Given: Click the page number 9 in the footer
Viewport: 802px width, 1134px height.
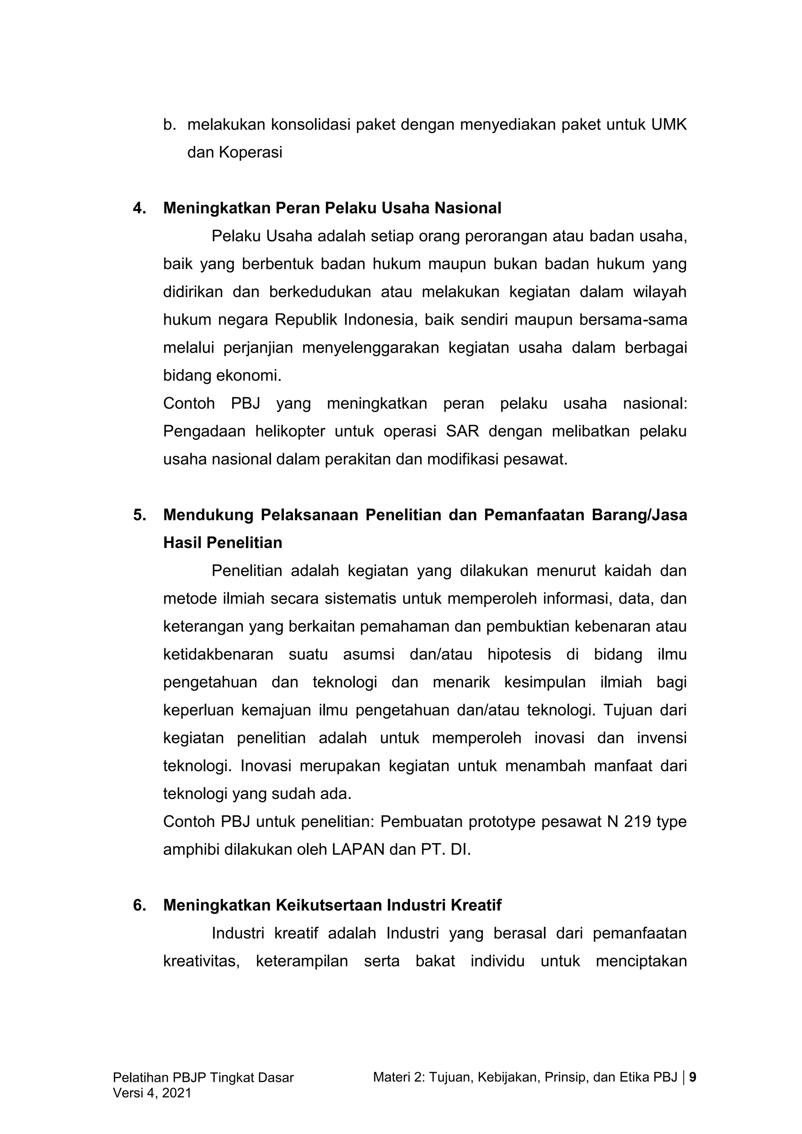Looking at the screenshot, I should tap(692, 1077).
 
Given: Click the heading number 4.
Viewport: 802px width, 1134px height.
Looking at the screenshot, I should tap(140, 208).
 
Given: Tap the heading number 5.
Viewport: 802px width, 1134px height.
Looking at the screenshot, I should tap(140, 515).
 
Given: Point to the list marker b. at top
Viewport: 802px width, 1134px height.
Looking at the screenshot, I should tap(170, 125).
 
